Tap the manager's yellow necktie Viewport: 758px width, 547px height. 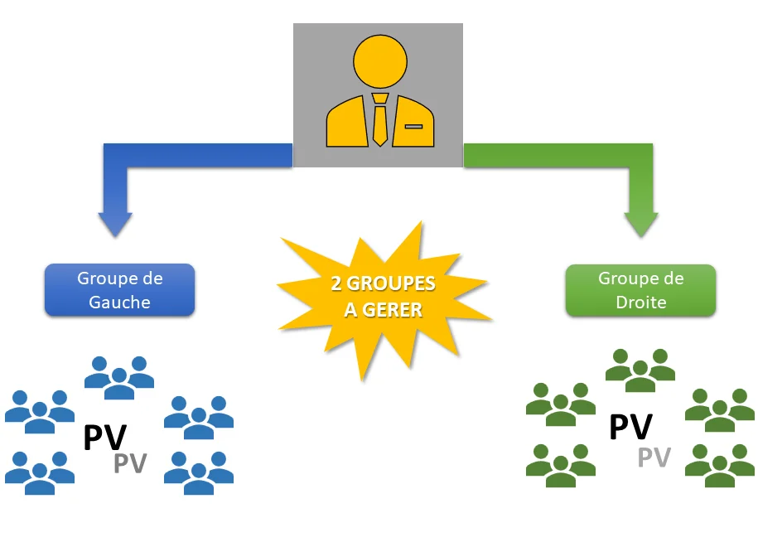[379, 120]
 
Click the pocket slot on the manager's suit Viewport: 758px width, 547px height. [413, 127]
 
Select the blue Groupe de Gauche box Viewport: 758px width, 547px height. [119, 290]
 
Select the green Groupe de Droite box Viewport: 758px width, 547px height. [640, 290]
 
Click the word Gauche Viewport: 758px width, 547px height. [119, 302]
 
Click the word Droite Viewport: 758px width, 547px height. [640, 303]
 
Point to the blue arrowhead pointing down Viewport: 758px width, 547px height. [114, 222]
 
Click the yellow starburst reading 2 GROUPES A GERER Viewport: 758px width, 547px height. [383, 297]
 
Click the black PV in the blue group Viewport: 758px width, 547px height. [104, 438]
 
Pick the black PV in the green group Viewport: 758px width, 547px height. [630, 428]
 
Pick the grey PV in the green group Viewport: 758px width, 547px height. [654, 457]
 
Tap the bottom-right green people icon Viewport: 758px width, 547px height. [720, 465]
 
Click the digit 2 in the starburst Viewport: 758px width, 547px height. [336, 284]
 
